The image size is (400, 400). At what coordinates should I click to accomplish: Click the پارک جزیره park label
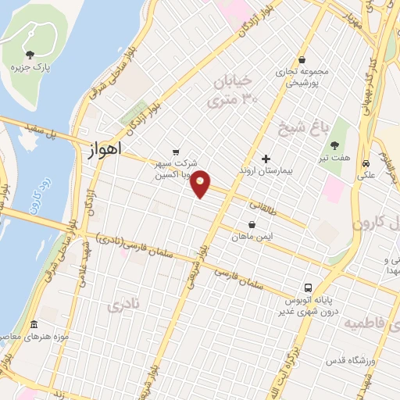[x=30, y=68]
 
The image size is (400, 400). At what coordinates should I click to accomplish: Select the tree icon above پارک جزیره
[x=30, y=55]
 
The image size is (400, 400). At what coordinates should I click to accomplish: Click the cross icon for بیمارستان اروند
[x=266, y=158]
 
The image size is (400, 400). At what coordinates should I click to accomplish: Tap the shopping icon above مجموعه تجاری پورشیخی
[x=302, y=60]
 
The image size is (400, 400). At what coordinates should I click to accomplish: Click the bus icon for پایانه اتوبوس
[x=309, y=287]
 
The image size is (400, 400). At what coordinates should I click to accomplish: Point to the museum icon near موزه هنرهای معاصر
[x=34, y=324]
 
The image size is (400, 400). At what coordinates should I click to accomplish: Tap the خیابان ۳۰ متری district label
[x=232, y=90]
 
